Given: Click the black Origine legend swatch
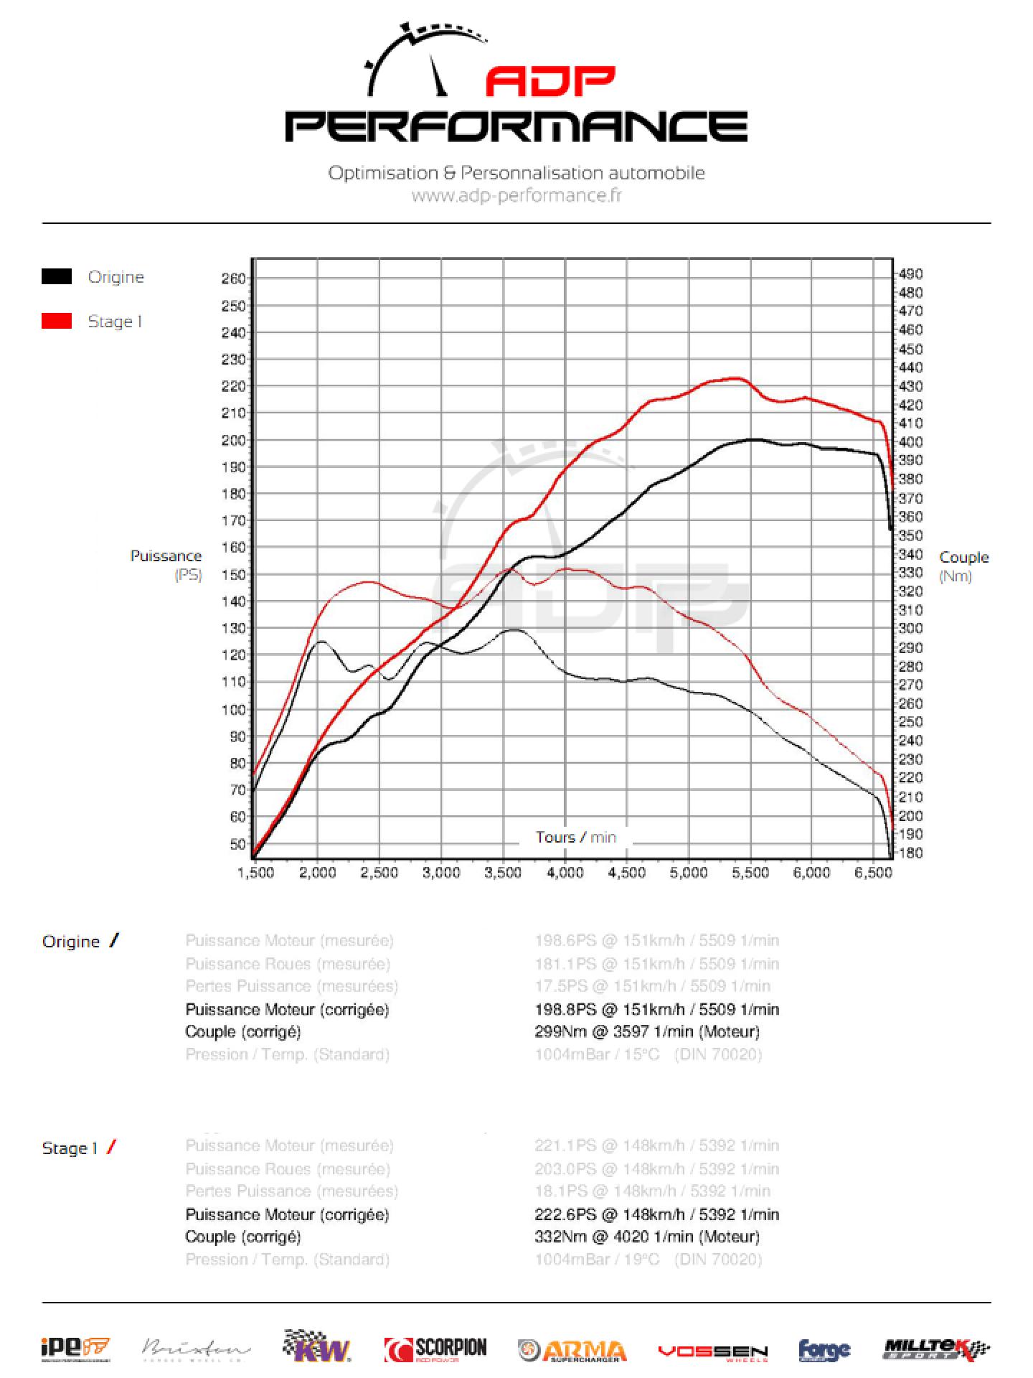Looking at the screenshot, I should (x=57, y=276).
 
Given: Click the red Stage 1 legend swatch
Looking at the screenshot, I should (x=57, y=321).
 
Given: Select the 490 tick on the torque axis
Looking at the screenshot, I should (x=910, y=273).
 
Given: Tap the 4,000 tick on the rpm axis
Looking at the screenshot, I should (x=565, y=873).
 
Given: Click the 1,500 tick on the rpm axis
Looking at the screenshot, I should (x=256, y=873).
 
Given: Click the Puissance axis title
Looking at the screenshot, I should (x=166, y=556).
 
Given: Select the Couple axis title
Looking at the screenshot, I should (x=963, y=558).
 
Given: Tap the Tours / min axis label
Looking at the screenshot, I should (x=575, y=837).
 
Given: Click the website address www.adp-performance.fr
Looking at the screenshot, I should (x=516, y=195).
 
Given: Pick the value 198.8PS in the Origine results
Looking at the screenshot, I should (x=565, y=1009).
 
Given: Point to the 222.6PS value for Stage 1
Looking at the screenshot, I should (x=565, y=1214).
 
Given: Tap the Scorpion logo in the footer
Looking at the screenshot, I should (x=435, y=1350).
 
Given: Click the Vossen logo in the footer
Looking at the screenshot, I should (x=712, y=1351).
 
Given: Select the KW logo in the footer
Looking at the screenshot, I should (x=317, y=1347).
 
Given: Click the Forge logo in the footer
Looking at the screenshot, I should (x=824, y=1351).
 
